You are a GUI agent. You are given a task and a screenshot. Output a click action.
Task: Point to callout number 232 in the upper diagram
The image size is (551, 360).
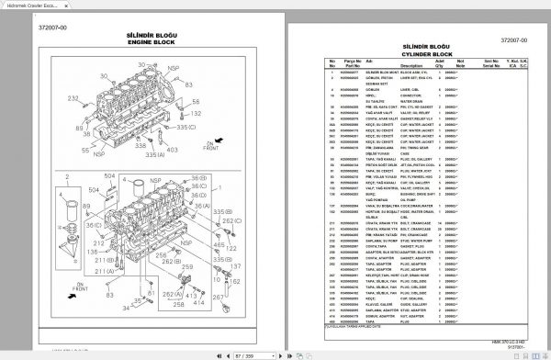73,96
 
